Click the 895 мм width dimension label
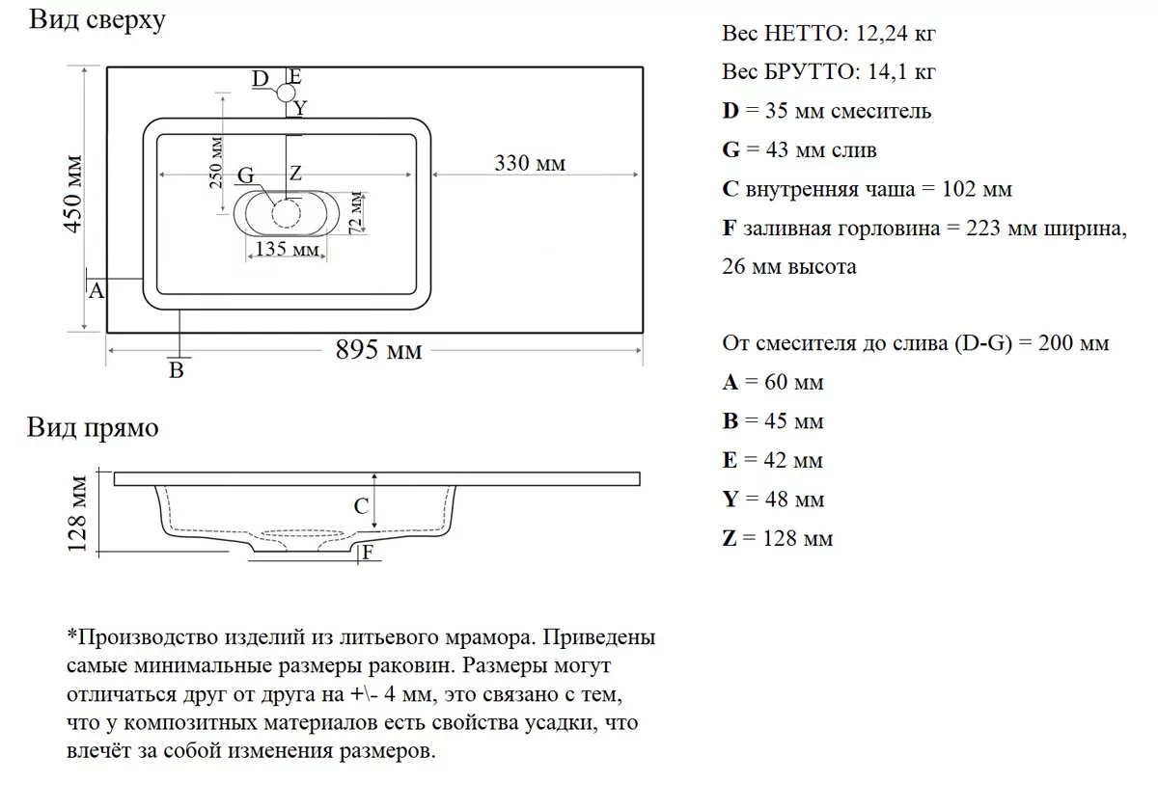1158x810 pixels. pyautogui.click(x=378, y=351)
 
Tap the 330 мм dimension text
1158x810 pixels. pyautogui.click(x=530, y=164)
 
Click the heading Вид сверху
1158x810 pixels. pyautogui.click(x=96, y=20)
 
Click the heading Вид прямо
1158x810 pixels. pyautogui.click(x=93, y=427)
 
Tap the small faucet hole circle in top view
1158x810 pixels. pyautogui.click(x=287, y=94)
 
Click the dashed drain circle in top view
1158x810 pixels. pyautogui.click(x=287, y=212)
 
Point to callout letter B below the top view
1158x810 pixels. pyautogui.click(x=177, y=371)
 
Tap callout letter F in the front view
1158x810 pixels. pyautogui.click(x=367, y=553)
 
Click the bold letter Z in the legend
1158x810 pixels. pyautogui.click(x=730, y=538)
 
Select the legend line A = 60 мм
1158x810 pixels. pyautogui.click(x=773, y=383)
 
